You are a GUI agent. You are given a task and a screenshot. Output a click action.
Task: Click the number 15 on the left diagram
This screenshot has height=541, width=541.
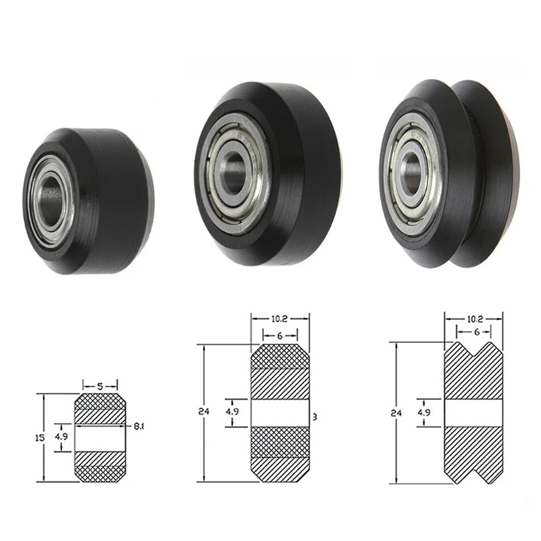(39, 438)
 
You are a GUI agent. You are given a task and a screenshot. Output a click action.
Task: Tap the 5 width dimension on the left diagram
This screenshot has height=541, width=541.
(99, 385)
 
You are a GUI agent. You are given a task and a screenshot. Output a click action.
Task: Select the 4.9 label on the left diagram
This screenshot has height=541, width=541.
(62, 437)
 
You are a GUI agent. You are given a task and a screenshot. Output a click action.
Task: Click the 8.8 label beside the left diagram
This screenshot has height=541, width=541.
(139, 426)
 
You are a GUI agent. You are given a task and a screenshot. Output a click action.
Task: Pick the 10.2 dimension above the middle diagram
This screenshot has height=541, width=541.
(280, 316)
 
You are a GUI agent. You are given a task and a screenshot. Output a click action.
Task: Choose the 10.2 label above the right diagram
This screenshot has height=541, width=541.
(473, 316)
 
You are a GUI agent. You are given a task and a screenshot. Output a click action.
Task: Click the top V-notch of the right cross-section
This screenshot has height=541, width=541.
(473, 349)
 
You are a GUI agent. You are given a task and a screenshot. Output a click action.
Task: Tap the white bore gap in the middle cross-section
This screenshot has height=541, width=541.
(280, 412)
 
